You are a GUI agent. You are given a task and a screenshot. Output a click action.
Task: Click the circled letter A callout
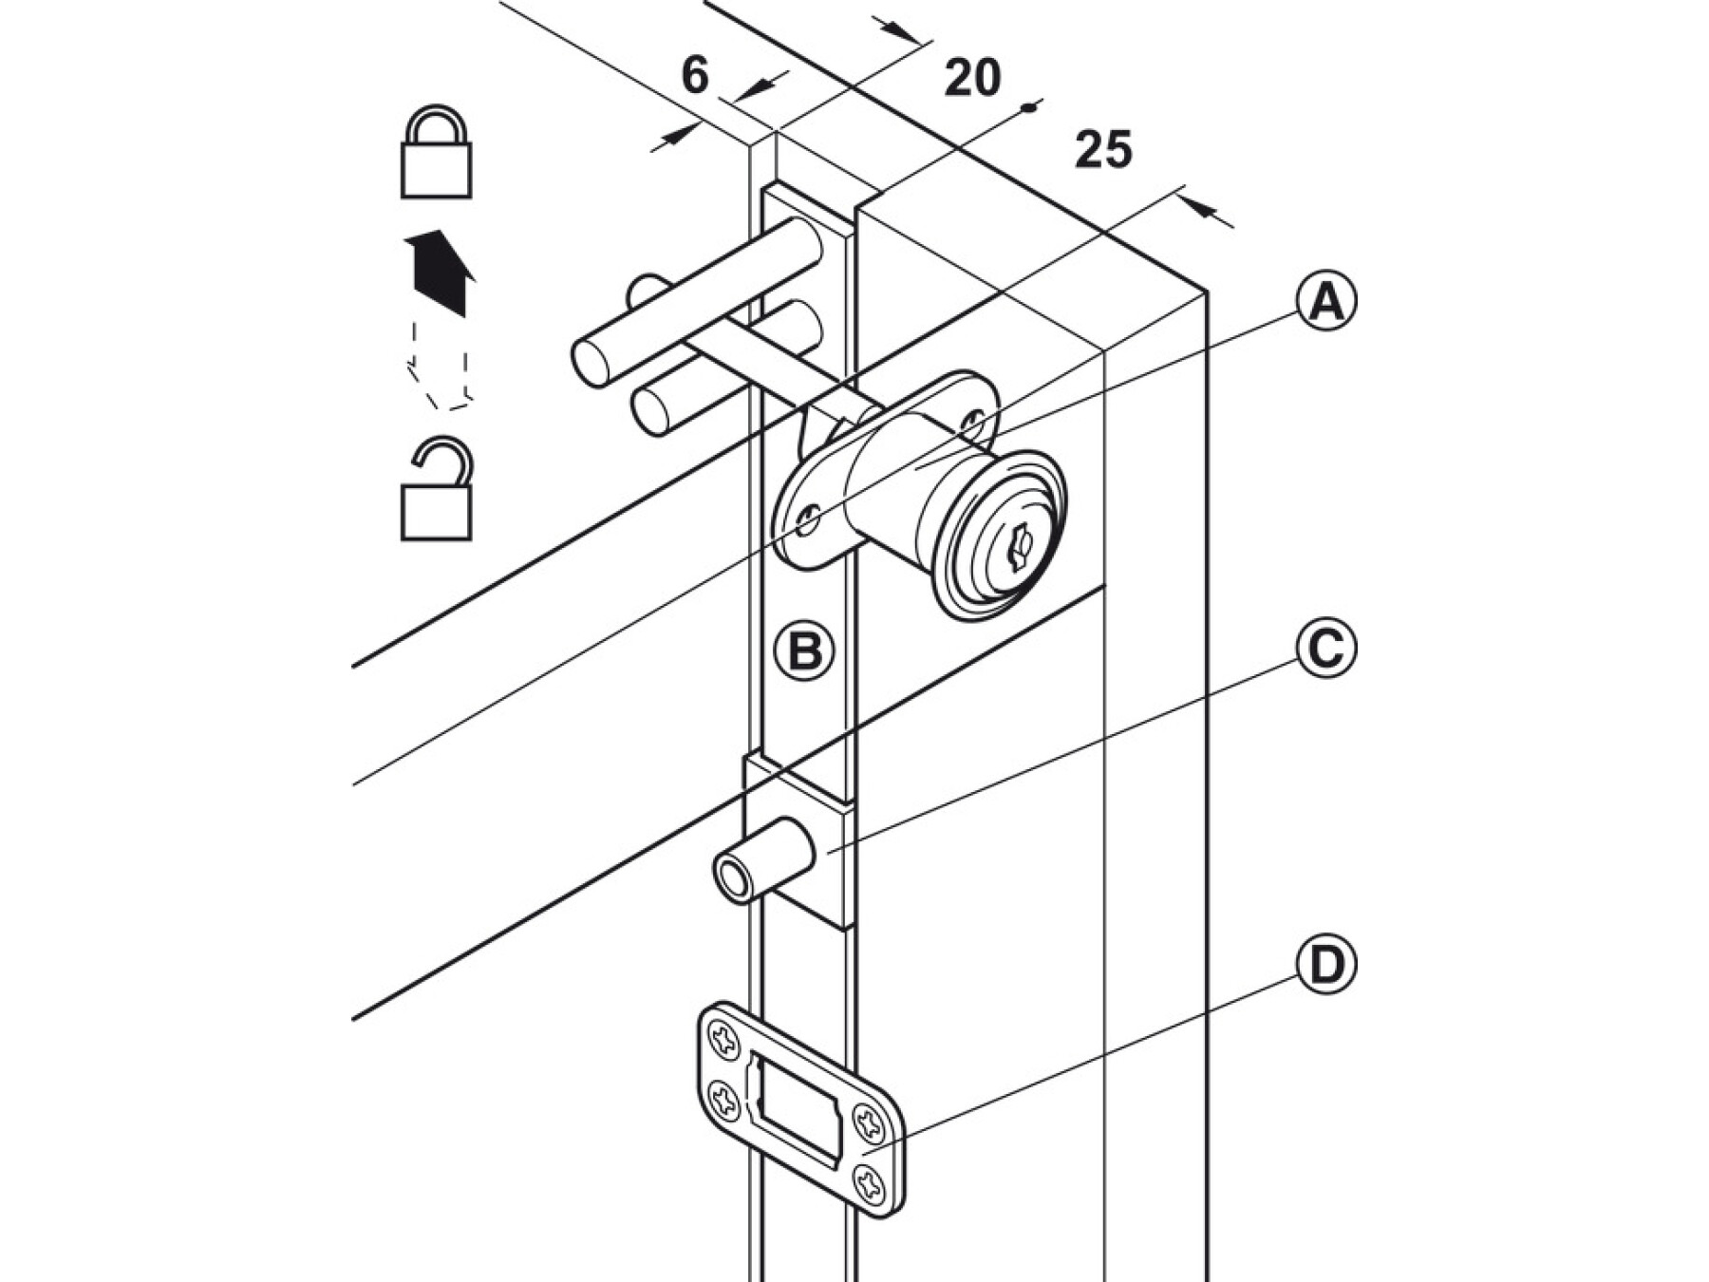click(x=1326, y=302)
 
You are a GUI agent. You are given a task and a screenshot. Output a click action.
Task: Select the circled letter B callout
click(x=805, y=652)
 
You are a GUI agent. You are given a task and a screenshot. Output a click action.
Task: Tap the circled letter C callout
click(x=1326, y=649)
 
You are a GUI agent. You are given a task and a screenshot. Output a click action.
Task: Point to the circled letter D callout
click(x=1326, y=965)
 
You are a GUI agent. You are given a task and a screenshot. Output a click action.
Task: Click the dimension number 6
click(x=695, y=75)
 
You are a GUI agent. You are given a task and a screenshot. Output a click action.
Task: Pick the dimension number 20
click(x=972, y=77)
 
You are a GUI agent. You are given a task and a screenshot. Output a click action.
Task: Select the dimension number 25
click(x=1104, y=149)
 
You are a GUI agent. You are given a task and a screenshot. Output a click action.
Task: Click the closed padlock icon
click(x=436, y=151)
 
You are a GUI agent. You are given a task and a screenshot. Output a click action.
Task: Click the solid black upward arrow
click(x=440, y=273)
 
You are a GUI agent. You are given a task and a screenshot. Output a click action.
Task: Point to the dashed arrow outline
click(x=439, y=367)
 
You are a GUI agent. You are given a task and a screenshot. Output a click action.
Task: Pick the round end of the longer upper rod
click(x=591, y=364)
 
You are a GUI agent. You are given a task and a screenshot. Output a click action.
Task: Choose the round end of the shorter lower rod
click(x=650, y=413)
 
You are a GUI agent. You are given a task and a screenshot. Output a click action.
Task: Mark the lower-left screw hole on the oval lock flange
click(x=809, y=519)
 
